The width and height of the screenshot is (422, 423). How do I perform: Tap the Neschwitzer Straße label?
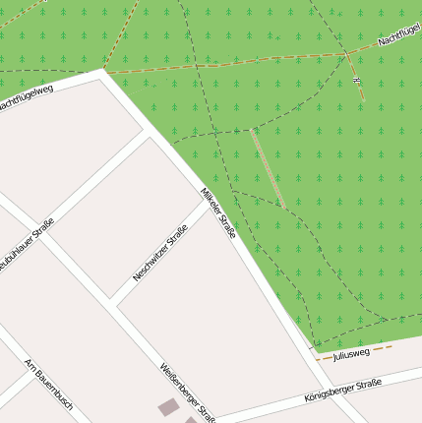(159, 254)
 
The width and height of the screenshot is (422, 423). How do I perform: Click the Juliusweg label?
(351, 353)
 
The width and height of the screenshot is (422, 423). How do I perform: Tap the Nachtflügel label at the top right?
(399, 36)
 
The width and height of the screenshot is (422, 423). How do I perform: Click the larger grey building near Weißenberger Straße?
(169, 406)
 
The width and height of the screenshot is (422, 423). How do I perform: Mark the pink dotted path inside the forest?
(267, 167)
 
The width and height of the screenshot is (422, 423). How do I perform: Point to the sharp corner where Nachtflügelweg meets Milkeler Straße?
(103, 72)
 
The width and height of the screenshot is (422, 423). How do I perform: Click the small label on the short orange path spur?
(357, 78)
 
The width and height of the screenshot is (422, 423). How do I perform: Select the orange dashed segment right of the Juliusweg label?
(382, 347)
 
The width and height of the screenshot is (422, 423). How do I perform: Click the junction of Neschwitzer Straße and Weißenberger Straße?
(117, 304)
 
